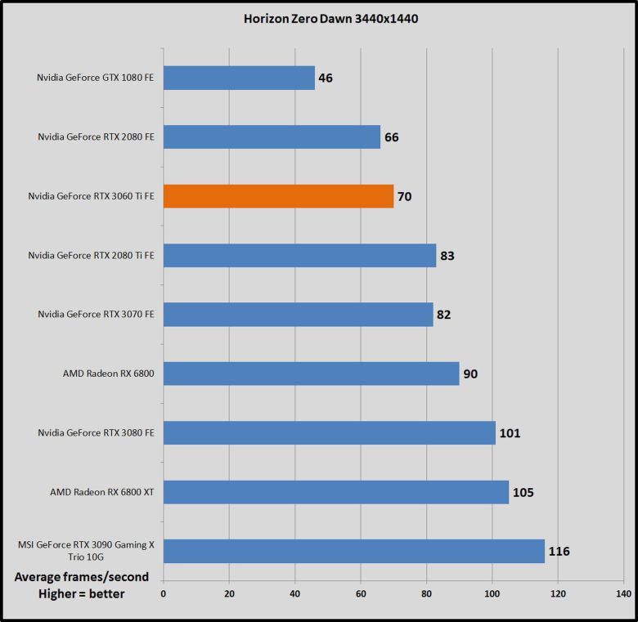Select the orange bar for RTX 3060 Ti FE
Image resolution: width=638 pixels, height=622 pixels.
pyautogui.click(x=278, y=196)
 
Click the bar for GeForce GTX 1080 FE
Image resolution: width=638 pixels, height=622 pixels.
pyautogui.click(x=239, y=78)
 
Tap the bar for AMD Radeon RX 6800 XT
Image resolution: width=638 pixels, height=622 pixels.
pyautogui.click(x=336, y=492)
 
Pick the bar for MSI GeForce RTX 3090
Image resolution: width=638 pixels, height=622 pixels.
pyautogui.click(x=354, y=551)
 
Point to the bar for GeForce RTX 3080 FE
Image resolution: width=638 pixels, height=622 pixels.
pyautogui.click(x=330, y=433)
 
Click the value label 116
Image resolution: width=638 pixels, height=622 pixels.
pyautogui.click(x=559, y=552)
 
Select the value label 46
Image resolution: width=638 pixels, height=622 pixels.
pyautogui.click(x=326, y=78)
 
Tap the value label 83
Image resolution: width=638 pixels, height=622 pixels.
pyautogui.click(x=447, y=256)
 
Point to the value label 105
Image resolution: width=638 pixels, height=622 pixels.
pyautogui.click(x=523, y=493)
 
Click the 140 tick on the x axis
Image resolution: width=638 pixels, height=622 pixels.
pyautogui.click(x=623, y=594)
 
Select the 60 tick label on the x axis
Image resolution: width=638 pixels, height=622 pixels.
pyautogui.click(x=361, y=594)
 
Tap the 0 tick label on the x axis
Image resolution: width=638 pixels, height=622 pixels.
pyautogui.click(x=164, y=594)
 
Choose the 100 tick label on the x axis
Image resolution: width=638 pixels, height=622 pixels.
pyautogui.click(x=492, y=594)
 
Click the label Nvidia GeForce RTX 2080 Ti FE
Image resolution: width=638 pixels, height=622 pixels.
pyautogui.click(x=92, y=256)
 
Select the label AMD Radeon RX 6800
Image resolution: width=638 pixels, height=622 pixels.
pyautogui.click(x=108, y=374)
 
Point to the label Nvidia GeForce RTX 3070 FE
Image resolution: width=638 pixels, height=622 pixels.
pyautogui.click(x=96, y=315)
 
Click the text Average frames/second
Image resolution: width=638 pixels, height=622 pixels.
pyautogui.click(x=82, y=577)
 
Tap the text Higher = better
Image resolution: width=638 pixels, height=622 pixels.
pyautogui.click(x=82, y=594)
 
